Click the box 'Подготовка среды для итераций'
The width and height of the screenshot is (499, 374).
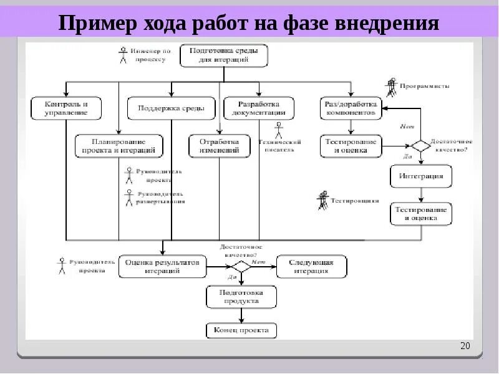point(224,55)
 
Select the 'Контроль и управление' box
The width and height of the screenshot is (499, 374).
point(66,108)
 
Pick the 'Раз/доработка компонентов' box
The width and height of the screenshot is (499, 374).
point(350,108)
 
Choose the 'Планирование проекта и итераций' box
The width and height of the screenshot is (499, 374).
point(119,146)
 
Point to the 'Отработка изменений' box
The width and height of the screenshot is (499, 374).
point(220,146)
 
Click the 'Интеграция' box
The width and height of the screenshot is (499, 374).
point(421,176)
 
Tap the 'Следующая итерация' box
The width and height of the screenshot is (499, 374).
point(311,266)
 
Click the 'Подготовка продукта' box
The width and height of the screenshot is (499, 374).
point(241,296)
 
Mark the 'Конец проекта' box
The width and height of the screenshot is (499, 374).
point(241,330)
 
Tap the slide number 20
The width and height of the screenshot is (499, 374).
point(464,347)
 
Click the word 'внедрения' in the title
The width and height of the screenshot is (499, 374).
point(387,24)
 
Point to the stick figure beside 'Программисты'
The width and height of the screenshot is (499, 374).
point(391,87)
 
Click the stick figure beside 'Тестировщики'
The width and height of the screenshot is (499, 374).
point(322,201)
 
